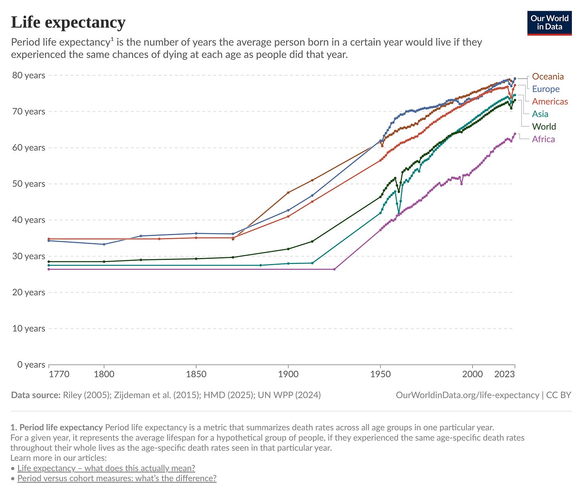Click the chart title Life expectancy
68,23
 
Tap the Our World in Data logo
549,23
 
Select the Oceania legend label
548,76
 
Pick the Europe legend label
546,89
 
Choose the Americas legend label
550,102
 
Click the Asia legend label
540,114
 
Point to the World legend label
544,126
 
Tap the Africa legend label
543,139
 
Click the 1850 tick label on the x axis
196,374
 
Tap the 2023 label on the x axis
505,374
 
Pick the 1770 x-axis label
59,374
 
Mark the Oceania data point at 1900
288,192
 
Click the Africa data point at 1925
334,269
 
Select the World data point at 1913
312,241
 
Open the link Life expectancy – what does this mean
106,468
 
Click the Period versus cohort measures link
117,478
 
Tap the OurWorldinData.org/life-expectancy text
467,395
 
